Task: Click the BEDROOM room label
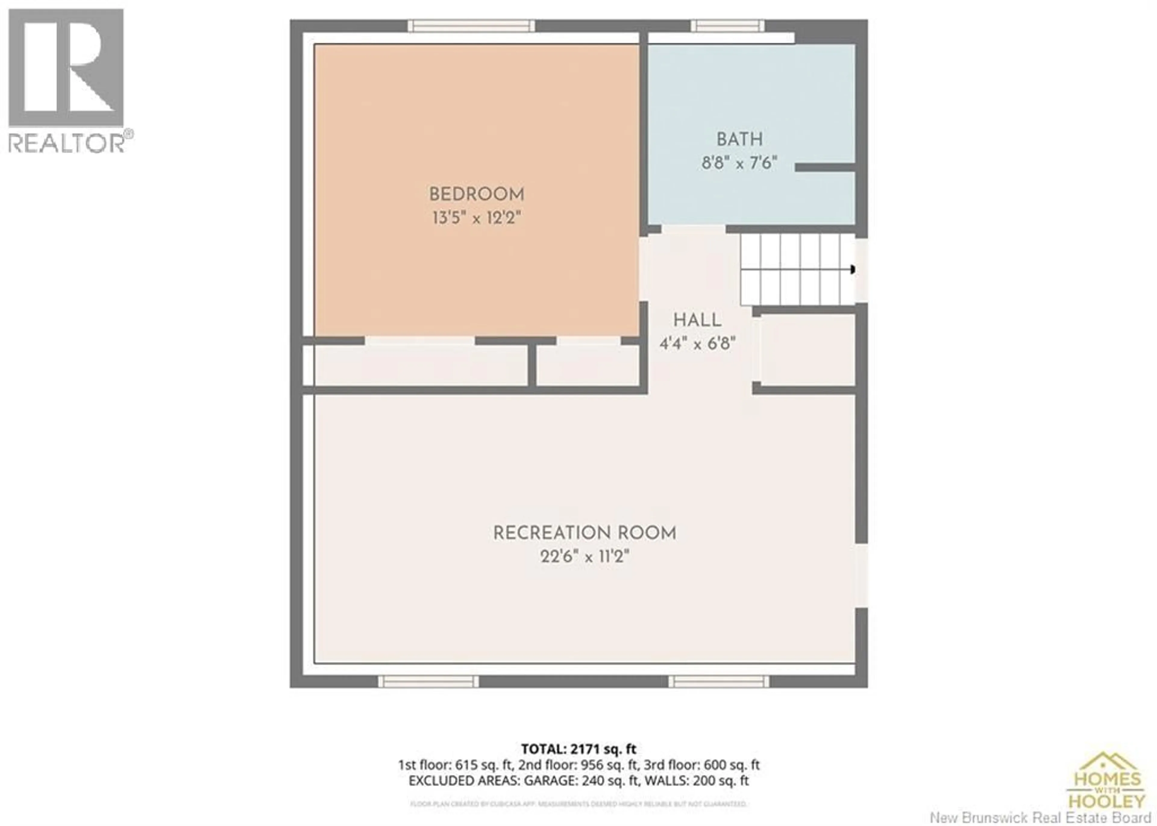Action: coord(477,194)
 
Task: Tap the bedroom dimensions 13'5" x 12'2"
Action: coord(477,218)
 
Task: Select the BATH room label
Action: coord(739,139)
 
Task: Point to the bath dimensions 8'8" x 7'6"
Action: coord(739,163)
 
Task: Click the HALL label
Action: coord(697,320)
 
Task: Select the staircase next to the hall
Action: coord(797,270)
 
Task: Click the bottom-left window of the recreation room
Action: coord(428,682)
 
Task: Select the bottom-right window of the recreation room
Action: coord(719,682)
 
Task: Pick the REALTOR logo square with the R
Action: coord(66,68)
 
